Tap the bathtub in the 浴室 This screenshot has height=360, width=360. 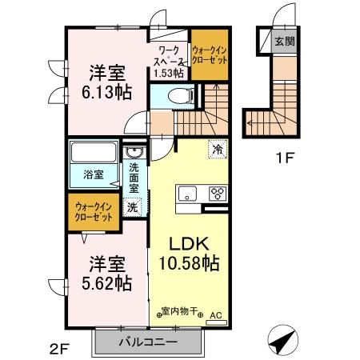coord(94,152)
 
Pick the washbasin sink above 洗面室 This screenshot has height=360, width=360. coord(135,152)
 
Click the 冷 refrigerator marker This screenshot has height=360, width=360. coord(217,149)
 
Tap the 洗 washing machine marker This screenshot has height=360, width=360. coord(134,206)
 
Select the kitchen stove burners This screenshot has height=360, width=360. coord(217,193)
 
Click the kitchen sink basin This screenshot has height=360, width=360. coord(187,193)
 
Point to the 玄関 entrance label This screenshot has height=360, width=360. coord(283,42)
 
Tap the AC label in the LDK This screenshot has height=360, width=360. coord(214,315)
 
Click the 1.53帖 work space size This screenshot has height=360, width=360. coord(169,73)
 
